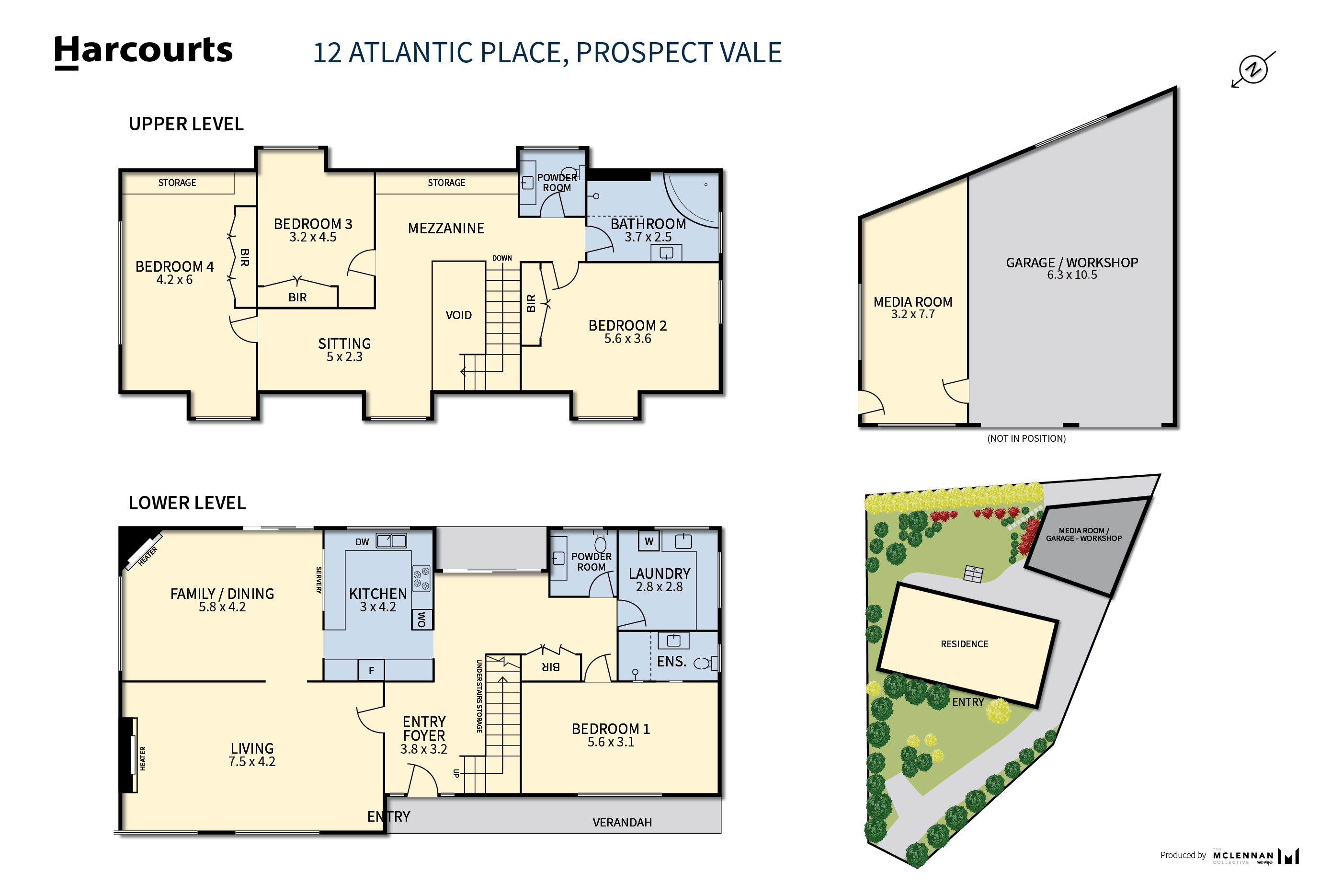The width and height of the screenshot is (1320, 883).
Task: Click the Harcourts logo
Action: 143,52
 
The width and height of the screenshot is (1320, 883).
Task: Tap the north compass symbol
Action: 1252,70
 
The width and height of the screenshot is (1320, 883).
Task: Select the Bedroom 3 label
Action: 313,224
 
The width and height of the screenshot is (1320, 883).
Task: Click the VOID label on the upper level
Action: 459,315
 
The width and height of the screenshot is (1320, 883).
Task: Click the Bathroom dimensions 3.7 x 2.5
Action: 648,237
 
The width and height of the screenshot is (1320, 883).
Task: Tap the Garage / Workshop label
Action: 1072,263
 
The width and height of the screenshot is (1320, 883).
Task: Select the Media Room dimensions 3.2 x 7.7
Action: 912,314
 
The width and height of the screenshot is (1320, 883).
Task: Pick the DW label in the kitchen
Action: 362,542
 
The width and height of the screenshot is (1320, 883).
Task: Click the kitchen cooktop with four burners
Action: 421,578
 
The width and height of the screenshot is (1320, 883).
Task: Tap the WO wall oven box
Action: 421,619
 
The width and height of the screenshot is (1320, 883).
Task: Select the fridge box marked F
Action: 371,670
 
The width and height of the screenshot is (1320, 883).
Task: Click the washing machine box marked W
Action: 649,541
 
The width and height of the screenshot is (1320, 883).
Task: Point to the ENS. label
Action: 671,662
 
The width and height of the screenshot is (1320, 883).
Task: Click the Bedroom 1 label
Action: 611,729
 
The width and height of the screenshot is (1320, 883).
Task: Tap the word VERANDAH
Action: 622,823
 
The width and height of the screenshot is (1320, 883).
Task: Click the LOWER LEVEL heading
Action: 187,503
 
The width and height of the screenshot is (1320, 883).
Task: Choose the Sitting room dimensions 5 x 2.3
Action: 344,357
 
